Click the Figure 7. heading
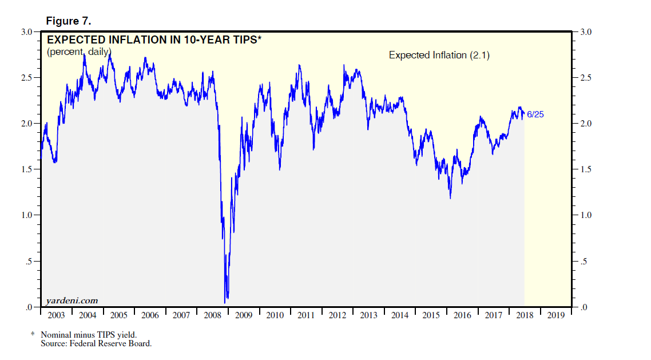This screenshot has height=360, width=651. tap(68, 21)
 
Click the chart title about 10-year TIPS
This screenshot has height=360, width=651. tap(154, 39)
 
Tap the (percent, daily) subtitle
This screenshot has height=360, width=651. tap(79, 52)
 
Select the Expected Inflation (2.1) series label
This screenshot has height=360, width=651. tap(439, 56)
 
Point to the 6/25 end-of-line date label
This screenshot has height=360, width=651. tap(535, 114)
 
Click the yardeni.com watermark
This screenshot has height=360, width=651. tap(72, 300)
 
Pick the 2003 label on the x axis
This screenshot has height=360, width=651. tap(56, 315)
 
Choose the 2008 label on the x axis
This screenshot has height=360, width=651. tap(212, 315)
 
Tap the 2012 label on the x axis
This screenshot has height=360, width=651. tap(338, 315)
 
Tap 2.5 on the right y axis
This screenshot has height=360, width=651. tap(586, 78)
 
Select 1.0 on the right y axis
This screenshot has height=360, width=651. tap(586, 216)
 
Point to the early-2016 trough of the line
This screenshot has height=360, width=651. tap(450, 198)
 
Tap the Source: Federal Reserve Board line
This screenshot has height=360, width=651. tap(96, 343)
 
